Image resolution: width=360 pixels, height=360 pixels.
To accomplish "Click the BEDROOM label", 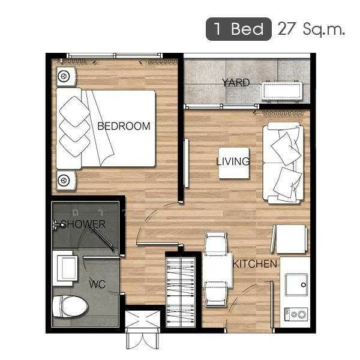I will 124,126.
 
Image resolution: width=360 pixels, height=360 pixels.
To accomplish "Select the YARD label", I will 235,83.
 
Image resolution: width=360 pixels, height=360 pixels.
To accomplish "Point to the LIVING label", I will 233,161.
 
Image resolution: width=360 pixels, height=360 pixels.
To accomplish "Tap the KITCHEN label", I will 255,264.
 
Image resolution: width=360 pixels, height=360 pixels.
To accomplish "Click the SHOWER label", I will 84,224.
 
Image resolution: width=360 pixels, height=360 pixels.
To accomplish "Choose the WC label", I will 97,284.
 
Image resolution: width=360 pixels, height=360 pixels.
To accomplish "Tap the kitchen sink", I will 296,284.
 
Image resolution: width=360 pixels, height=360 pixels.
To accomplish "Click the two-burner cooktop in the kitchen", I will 295,313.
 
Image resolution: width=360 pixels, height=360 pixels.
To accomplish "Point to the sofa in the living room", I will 283,162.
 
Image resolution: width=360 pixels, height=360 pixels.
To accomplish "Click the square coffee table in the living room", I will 233,162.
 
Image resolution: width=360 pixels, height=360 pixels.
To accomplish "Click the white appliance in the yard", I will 282,92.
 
